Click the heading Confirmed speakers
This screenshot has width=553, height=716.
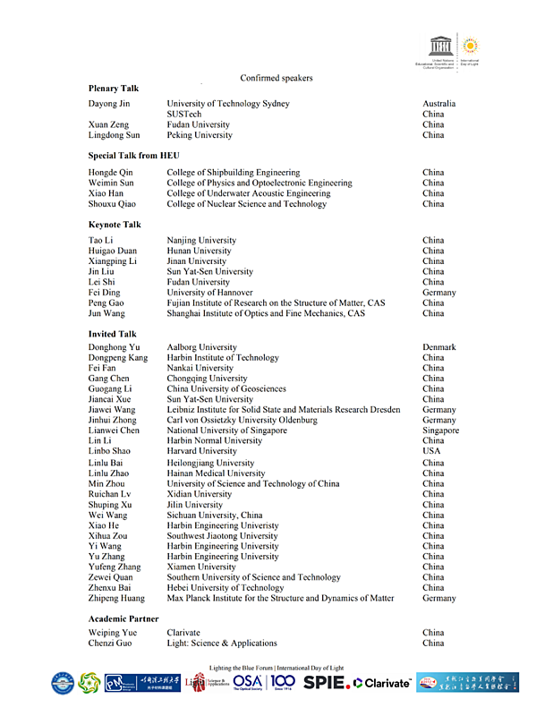[x=276, y=78]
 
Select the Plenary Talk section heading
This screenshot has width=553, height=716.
[x=114, y=89]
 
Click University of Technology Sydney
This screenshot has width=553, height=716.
[x=228, y=104]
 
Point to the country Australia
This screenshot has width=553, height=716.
[x=439, y=104]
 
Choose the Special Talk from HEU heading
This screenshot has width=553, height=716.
[x=133, y=156]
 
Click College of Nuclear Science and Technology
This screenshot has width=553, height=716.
[x=247, y=204]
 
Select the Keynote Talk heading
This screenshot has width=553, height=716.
[x=115, y=225]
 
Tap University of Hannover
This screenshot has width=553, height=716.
[x=209, y=293]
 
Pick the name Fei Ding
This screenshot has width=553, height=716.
[x=106, y=293]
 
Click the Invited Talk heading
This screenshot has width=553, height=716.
[x=113, y=334]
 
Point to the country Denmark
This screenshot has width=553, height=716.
[x=439, y=347]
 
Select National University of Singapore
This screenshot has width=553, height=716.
[x=227, y=430]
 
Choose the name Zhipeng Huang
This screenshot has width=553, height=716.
[x=116, y=598]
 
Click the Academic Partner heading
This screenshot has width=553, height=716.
[x=123, y=619]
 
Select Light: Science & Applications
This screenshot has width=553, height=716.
[x=222, y=644]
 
